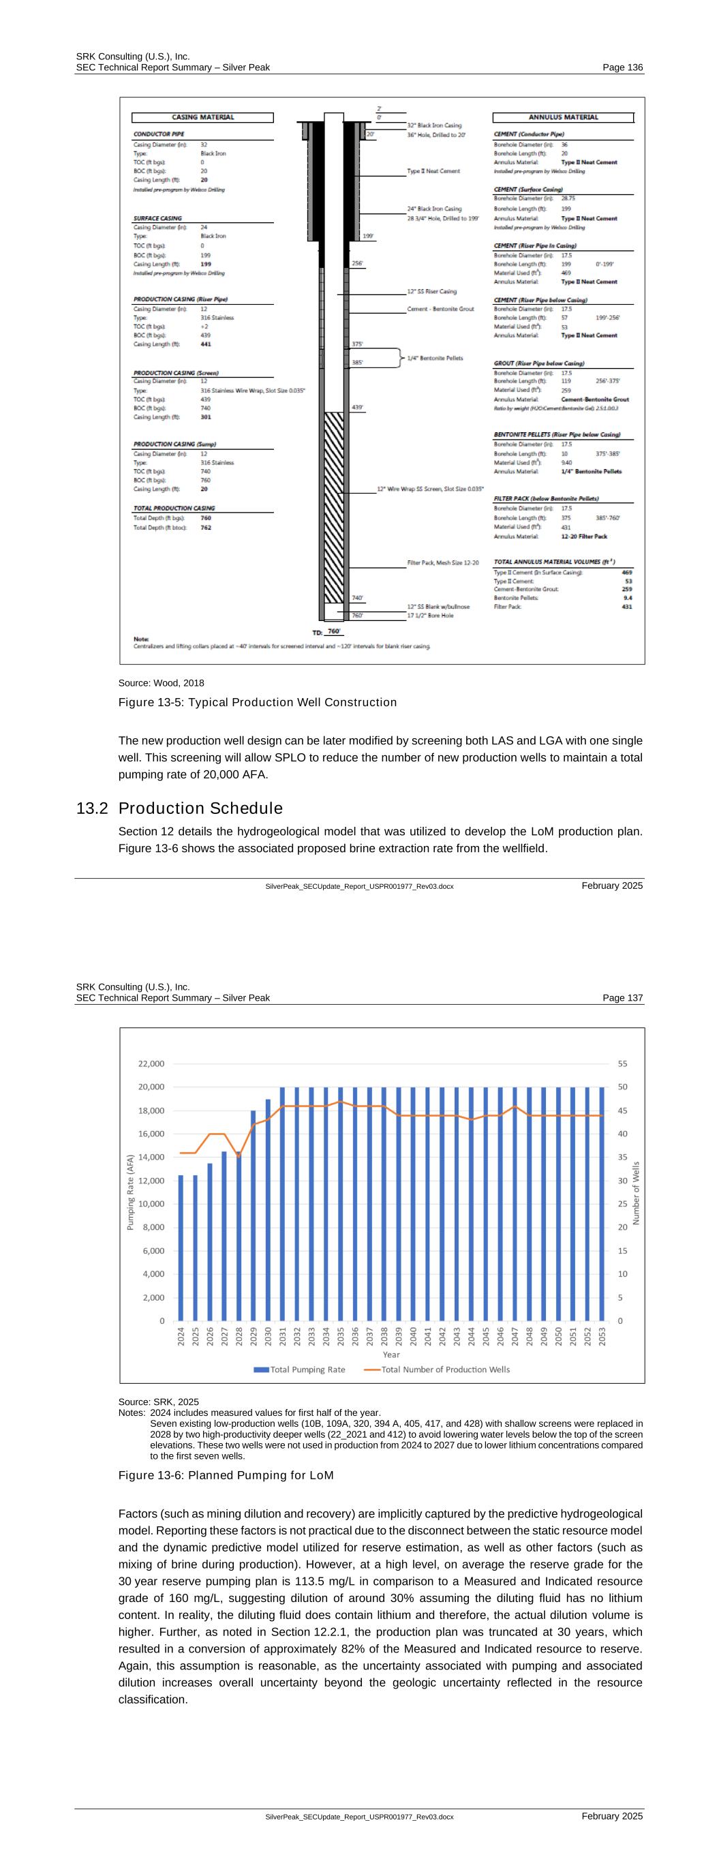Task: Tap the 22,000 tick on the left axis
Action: pos(151,1063)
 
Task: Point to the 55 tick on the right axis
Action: pos(622,1063)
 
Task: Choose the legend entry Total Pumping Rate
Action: pos(299,1369)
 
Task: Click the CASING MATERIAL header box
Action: pos(202,117)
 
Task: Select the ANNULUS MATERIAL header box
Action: pos(563,117)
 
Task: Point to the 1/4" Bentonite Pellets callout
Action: pos(435,358)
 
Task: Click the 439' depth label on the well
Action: pos(358,408)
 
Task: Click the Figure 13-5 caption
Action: pos(257,702)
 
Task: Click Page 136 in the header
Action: pos(622,67)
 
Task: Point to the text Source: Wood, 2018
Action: pos(161,682)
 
